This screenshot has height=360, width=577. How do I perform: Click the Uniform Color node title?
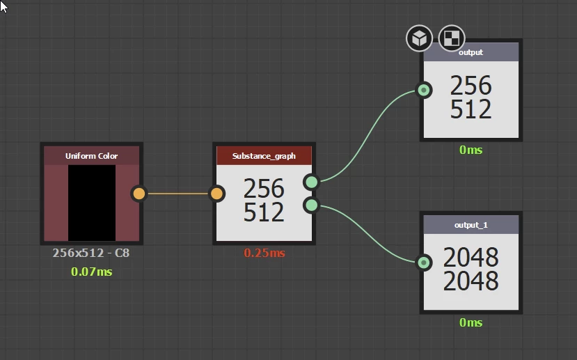pyautogui.click(x=91, y=156)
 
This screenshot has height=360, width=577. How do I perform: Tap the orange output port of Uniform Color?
pyautogui.click(x=139, y=194)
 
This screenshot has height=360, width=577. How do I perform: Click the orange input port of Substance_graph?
pyautogui.click(x=217, y=194)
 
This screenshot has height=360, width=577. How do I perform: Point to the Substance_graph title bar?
pyautogui.click(x=264, y=156)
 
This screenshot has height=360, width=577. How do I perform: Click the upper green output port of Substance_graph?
pyautogui.click(x=311, y=182)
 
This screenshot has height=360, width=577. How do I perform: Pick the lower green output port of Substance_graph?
pyautogui.click(x=311, y=205)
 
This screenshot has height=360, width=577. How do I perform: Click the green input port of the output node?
pyautogui.click(x=423, y=90)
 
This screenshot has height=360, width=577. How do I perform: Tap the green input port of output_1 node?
pyautogui.click(x=423, y=263)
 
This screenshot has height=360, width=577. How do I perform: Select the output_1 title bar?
pyautogui.click(x=471, y=225)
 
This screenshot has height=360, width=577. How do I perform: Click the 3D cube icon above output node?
pyautogui.click(x=419, y=38)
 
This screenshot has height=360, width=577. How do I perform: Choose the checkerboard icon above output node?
pyautogui.click(x=451, y=38)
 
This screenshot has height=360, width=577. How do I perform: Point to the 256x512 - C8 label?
pyautogui.click(x=91, y=253)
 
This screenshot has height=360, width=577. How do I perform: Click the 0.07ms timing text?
pyautogui.click(x=91, y=272)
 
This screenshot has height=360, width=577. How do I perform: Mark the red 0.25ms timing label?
pyautogui.click(x=264, y=253)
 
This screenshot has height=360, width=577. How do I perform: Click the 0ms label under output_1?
pyautogui.click(x=471, y=322)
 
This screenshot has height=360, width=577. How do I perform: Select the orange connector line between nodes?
pyautogui.click(x=178, y=194)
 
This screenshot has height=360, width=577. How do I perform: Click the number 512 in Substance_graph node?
pyautogui.click(x=264, y=212)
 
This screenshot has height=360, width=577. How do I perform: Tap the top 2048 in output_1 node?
pyautogui.click(x=471, y=258)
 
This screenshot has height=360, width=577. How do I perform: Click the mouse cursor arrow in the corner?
pyautogui.click(x=4, y=6)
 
